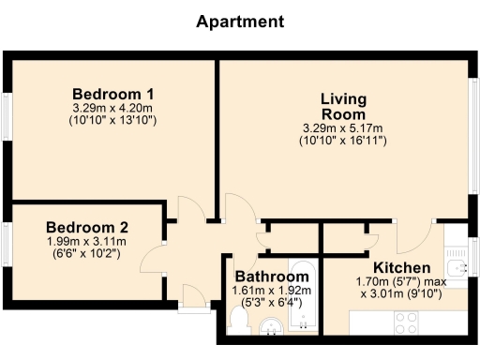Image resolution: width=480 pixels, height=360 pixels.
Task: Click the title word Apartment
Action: pos(240,22)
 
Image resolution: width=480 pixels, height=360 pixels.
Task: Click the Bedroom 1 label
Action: pos(113,95)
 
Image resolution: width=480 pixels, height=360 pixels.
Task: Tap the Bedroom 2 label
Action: pos(87,227)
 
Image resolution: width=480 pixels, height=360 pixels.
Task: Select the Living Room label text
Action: pos(342,106)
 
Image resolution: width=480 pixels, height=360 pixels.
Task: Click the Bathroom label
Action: pos(272,277)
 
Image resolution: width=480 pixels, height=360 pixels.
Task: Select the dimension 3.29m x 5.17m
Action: pos(342,127)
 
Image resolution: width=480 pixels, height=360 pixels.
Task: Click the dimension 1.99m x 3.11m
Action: pos(87,241)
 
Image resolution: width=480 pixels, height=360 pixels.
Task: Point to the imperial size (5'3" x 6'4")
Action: pos(272,304)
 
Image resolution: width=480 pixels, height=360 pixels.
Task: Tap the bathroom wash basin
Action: pos(271,327)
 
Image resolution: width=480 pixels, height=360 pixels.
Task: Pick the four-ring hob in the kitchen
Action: pos(406,323)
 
